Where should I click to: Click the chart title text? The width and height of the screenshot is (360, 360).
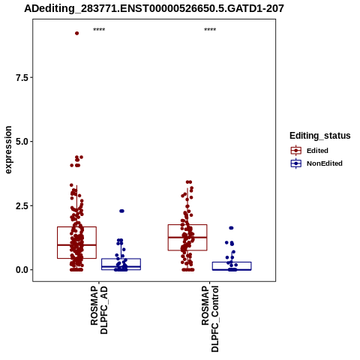coord(154,8)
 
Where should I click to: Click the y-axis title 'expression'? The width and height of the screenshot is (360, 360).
coord(8,150)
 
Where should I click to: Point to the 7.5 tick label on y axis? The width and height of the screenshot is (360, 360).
coord(22,78)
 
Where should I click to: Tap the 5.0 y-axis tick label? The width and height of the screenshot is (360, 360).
coord(22,142)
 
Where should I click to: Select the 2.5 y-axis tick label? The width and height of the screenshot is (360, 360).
coord(22,205)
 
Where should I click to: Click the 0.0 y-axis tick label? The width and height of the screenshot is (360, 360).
coord(22,270)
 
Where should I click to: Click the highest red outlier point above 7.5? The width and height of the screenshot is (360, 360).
coord(77,33)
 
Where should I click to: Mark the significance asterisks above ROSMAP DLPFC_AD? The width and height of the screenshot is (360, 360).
coord(99,29)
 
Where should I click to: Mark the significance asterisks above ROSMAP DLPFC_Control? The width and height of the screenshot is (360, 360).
coord(210,29)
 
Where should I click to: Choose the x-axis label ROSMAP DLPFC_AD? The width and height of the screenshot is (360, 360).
coord(99,310)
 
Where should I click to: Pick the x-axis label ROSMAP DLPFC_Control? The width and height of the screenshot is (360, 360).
coord(210,319)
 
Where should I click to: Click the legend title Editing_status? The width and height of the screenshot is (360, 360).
coord(320,136)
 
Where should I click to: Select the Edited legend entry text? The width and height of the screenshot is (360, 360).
coord(317,151)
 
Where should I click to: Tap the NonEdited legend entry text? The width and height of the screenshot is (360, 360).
coord(325,163)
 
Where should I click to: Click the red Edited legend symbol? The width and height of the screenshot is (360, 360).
coord(296,151)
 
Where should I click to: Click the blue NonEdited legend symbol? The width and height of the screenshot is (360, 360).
coord(296,163)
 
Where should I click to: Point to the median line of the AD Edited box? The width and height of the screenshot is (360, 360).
coord(76,245)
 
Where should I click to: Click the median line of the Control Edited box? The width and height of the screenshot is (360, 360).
coord(187,237)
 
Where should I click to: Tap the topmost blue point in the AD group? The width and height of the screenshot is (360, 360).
coord(121,211)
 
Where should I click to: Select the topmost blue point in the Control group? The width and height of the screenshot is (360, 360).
coord(231,228)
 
